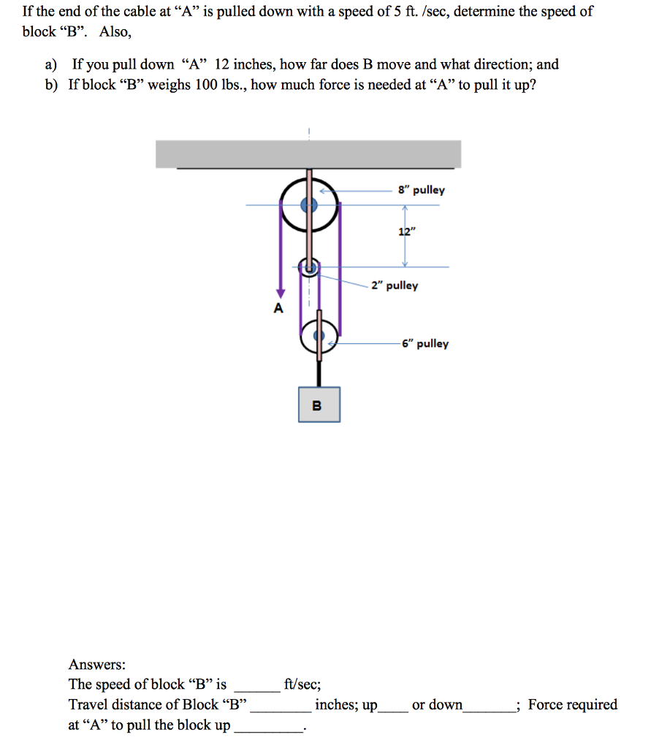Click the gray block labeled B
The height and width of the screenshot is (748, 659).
click(319, 404)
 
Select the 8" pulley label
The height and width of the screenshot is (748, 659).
click(422, 190)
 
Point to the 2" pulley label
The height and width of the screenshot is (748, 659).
click(395, 286)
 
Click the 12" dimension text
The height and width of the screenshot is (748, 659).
click(405, 232)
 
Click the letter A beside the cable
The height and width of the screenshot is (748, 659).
click(278, 309)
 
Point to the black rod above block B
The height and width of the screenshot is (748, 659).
click(319, 373)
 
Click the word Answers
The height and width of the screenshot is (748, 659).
click(96, 665)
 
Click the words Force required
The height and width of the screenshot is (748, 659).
click(572, 705)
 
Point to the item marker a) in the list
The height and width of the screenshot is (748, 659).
click(52, 64)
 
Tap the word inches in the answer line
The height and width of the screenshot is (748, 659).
click(337, 705)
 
